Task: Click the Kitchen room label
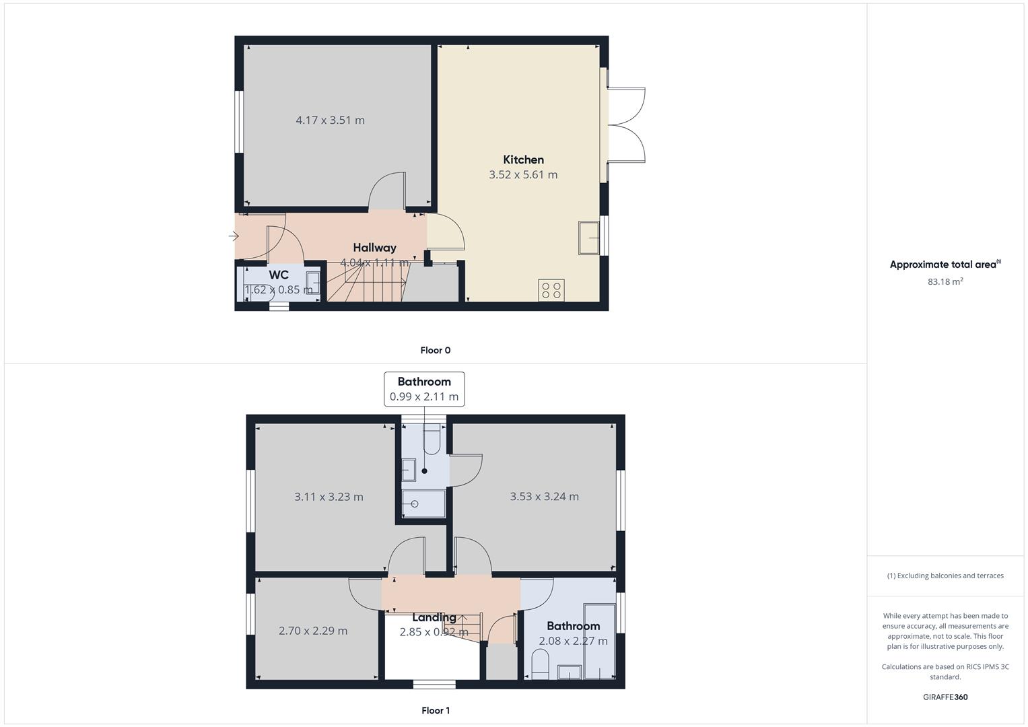[x=523, y=160]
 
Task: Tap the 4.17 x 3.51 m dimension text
[x=330, y=120]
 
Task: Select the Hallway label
[x=374, y=248]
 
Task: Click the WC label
[x=279, y=275]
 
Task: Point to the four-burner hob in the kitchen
[x=551, y=290]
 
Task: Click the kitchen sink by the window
[x=589, y=238]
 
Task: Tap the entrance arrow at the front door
[x=234, y=236]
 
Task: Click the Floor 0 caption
[x=435, y=350]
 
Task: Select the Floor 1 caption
[x=435, y=710]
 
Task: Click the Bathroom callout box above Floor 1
[x=424, y=389]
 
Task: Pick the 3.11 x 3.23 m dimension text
[x=329, y=497]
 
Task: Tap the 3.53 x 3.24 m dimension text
[x=544, y=497]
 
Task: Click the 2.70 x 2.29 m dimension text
[x=313, y=631]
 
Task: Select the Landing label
[x=434, y=617]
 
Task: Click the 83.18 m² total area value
[x=945, y=281]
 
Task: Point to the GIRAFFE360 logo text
[x=945, y=697]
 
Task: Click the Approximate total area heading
[x=945, y=265]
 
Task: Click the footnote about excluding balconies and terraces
[x=945, y=576]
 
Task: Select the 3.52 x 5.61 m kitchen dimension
[x=523, y=175]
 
